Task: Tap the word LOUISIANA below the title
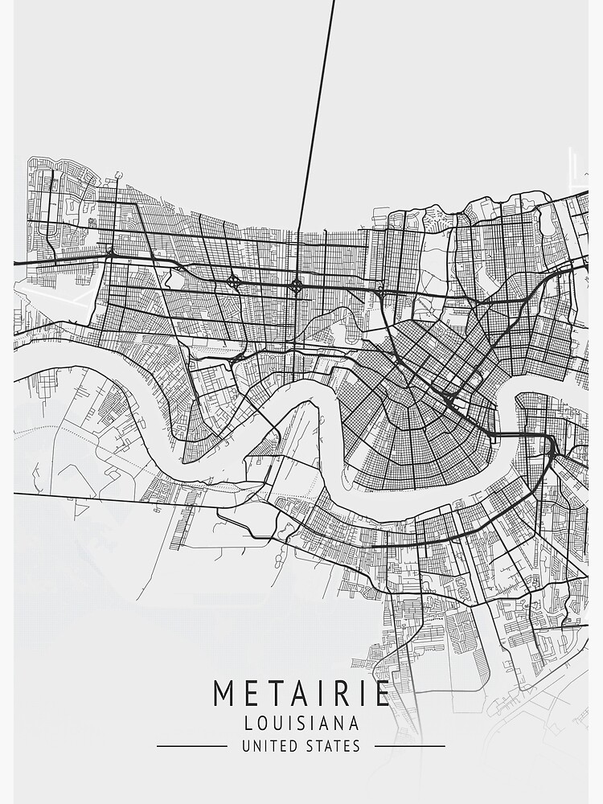pyautogui.click(x=301, y=724)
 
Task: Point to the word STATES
pyautogui.click(x=334, y=746)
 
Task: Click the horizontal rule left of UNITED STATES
pyautogui.click(x=191, y=746)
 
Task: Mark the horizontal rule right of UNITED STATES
pyautogui.click(x=409, y=746)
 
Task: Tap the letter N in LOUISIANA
pyautogui.click(x=340, y=724)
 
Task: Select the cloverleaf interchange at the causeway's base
pyautogui.click(x=297, y=285)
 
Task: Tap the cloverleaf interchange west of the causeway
pyautogui.click(x=233, y=281)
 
